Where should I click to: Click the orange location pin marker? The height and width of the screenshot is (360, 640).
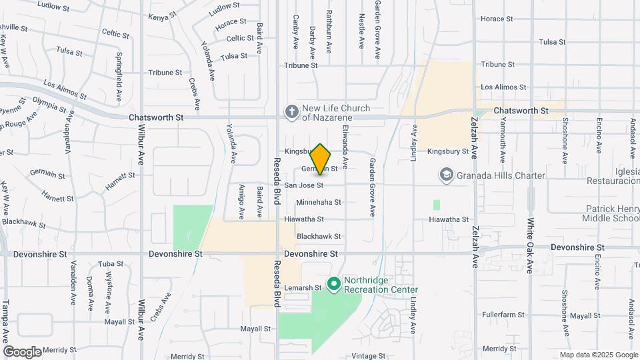point(321,159)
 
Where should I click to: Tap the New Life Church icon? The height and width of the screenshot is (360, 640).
point(291,112)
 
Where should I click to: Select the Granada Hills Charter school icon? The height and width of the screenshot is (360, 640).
point(445,175)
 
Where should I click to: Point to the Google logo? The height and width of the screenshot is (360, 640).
point(21,351)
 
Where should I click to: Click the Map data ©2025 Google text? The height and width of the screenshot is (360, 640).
point(598,355)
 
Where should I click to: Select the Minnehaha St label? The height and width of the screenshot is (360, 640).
point(319,202)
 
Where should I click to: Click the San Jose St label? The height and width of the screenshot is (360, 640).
point(304,185)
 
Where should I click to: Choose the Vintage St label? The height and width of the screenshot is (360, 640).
point(369,356)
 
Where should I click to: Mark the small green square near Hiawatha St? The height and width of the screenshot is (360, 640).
point(437,205)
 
